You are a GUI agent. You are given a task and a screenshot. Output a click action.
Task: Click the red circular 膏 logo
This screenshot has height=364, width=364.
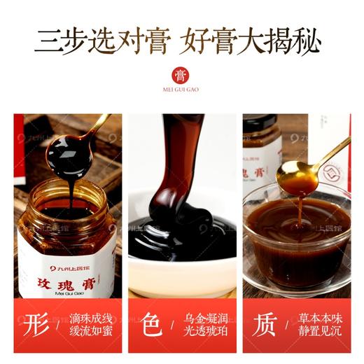tap(181, 75)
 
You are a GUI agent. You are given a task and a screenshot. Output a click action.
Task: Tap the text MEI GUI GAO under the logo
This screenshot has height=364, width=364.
tap(181, 92)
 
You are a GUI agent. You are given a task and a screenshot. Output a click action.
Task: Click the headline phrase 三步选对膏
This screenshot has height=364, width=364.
tap(97, 41)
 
